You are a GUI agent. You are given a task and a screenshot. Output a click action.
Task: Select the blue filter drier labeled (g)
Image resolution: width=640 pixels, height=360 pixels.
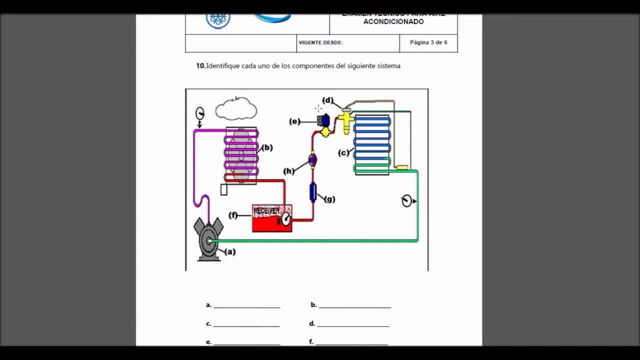pos(313,192)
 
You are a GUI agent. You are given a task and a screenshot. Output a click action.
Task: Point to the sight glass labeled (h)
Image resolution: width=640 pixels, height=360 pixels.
pos(312,159)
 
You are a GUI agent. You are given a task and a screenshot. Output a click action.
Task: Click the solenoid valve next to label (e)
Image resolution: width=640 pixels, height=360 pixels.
pos(323,120)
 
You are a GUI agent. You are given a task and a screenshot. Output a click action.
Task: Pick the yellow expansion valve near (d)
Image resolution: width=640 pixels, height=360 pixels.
pos(345,120)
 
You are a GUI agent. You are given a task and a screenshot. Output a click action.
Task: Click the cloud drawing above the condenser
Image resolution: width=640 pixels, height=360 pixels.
pos(236,109)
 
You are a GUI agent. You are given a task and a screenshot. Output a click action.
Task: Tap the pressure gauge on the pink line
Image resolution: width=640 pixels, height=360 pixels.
pos(200,113)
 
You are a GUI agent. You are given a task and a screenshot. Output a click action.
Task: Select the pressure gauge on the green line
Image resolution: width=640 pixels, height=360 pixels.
pos(407,201)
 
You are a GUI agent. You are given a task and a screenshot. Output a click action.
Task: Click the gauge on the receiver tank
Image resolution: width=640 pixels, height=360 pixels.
pos(285,218)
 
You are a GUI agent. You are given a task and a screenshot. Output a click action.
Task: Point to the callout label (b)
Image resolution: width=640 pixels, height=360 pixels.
pos(267,147)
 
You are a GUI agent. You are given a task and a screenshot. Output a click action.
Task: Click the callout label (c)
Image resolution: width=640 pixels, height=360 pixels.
pos(343,152)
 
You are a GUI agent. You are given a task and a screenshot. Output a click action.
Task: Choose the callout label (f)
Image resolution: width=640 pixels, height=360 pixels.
pos(233,215)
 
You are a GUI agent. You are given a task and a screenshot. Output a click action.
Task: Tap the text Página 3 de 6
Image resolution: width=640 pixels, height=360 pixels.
pos(428,42)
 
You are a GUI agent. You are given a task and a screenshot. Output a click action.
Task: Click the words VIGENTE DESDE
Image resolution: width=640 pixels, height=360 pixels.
pos(320,43)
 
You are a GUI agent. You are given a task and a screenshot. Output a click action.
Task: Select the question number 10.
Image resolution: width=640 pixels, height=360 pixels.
pos(200,65)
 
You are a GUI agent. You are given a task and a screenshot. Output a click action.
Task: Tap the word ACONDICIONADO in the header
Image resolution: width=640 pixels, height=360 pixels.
pos(393,22)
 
